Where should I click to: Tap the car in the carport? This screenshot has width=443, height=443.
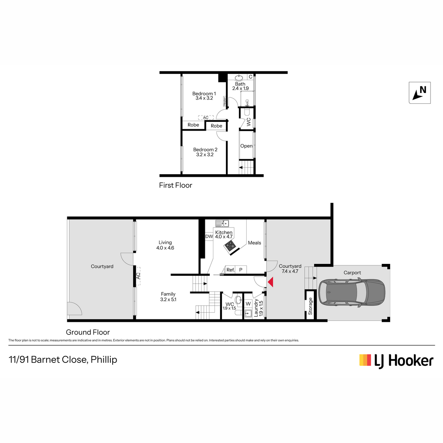pyautogui.click(x=351, y=292)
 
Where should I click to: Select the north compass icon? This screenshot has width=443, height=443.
pyautogui.click(x=419, y=93)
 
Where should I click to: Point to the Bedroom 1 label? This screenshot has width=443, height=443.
pyautogui.click(x=204, y=93)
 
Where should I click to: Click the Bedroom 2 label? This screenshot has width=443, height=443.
pyautogui.click(x=205, y=150)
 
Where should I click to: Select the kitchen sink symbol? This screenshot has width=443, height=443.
pyautogui.click(x=222, y=223)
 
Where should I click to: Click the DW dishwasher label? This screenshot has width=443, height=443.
pyautogui.click(x=209, y=236)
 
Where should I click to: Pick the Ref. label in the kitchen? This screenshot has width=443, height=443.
pyautogui.click(x=230, y=269)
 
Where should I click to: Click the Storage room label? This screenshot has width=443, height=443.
pyautogui.click(x=310, y=306)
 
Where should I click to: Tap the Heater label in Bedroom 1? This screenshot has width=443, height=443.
pyautogui.click(x=224, y=101)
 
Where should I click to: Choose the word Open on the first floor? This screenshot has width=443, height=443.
pyautogui.click(x=246, y=146)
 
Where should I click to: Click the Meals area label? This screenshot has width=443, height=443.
pyautogui.click(x=254, y=243)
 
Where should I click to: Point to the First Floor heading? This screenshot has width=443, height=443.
pyautogui.click(x=175, y=185)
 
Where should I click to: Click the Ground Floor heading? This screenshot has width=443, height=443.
pyautogui.click(x=88, y=332)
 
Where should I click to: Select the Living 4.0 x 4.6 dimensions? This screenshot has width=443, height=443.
pyautogui.click(x=165, y=248)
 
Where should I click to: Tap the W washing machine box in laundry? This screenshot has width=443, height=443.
pyautogui.click(x=248, y=304)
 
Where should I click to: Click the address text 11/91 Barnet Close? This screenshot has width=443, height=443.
pyautogui.click(x=48, y=360)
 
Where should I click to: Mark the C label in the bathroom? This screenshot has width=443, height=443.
pyautogui.click(x=251, y=77)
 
